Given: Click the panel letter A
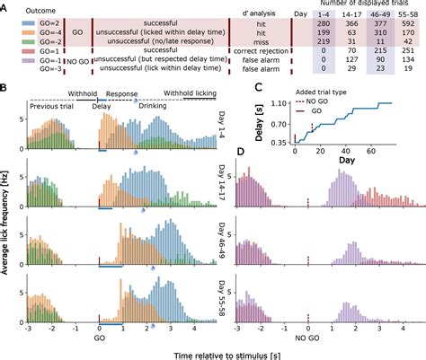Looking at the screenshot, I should tap(6, 7).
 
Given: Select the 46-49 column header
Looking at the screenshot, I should tap(370, 19).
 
